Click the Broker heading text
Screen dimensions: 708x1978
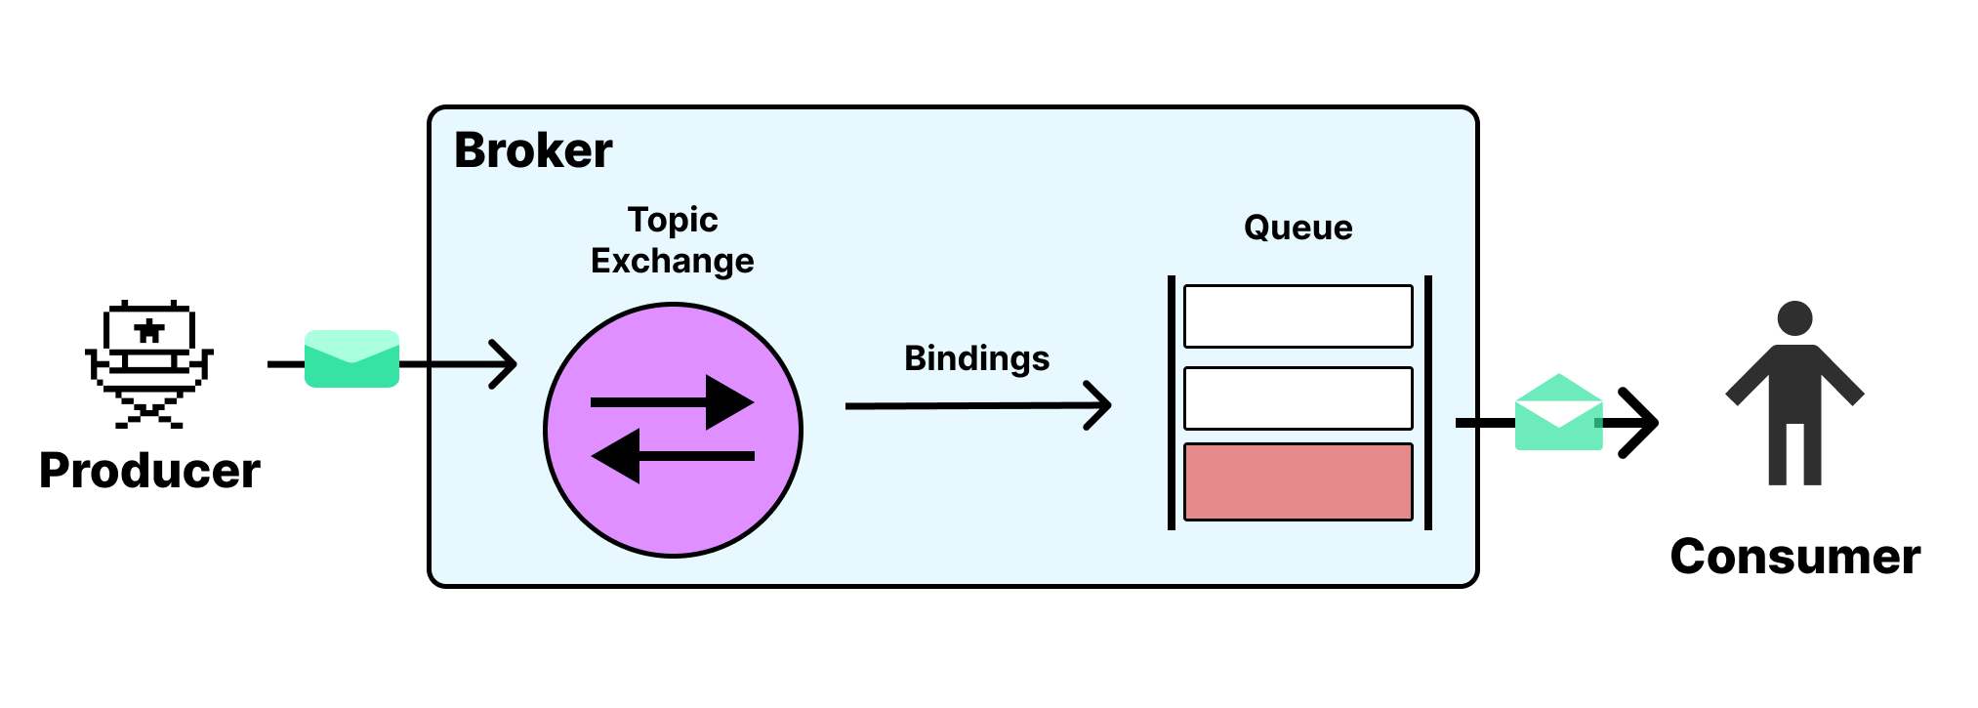click(x=533, y=150)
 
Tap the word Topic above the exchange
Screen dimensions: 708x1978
click(x=673, y=221)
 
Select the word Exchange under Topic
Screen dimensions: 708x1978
click(x=673, y=261)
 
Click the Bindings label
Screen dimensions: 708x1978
click(x=976, y=358)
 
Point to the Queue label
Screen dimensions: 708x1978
click(x=1298, y=228)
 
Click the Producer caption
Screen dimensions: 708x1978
click(x=149, y=471)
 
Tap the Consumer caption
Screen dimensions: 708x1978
click(x=1794, y=557)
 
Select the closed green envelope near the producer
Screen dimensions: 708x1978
click(x=351, y=359)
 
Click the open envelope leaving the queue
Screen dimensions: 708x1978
click(x=1558, y=414)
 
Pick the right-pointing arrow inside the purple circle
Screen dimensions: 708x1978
click(x=674, y=402)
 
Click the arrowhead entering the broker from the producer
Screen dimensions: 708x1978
click(x=506, y=364)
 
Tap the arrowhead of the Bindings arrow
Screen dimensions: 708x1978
click(x=1100, y=405)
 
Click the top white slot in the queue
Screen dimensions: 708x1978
click(x=1298, y=316)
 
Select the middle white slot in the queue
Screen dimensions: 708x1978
click(x=1298, y=398)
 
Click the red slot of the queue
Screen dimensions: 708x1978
click(x=1298, y=481)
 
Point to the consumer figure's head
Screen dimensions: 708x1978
click(x=1794, y=318)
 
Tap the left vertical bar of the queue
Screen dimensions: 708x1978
click(x=1172, y=402)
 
